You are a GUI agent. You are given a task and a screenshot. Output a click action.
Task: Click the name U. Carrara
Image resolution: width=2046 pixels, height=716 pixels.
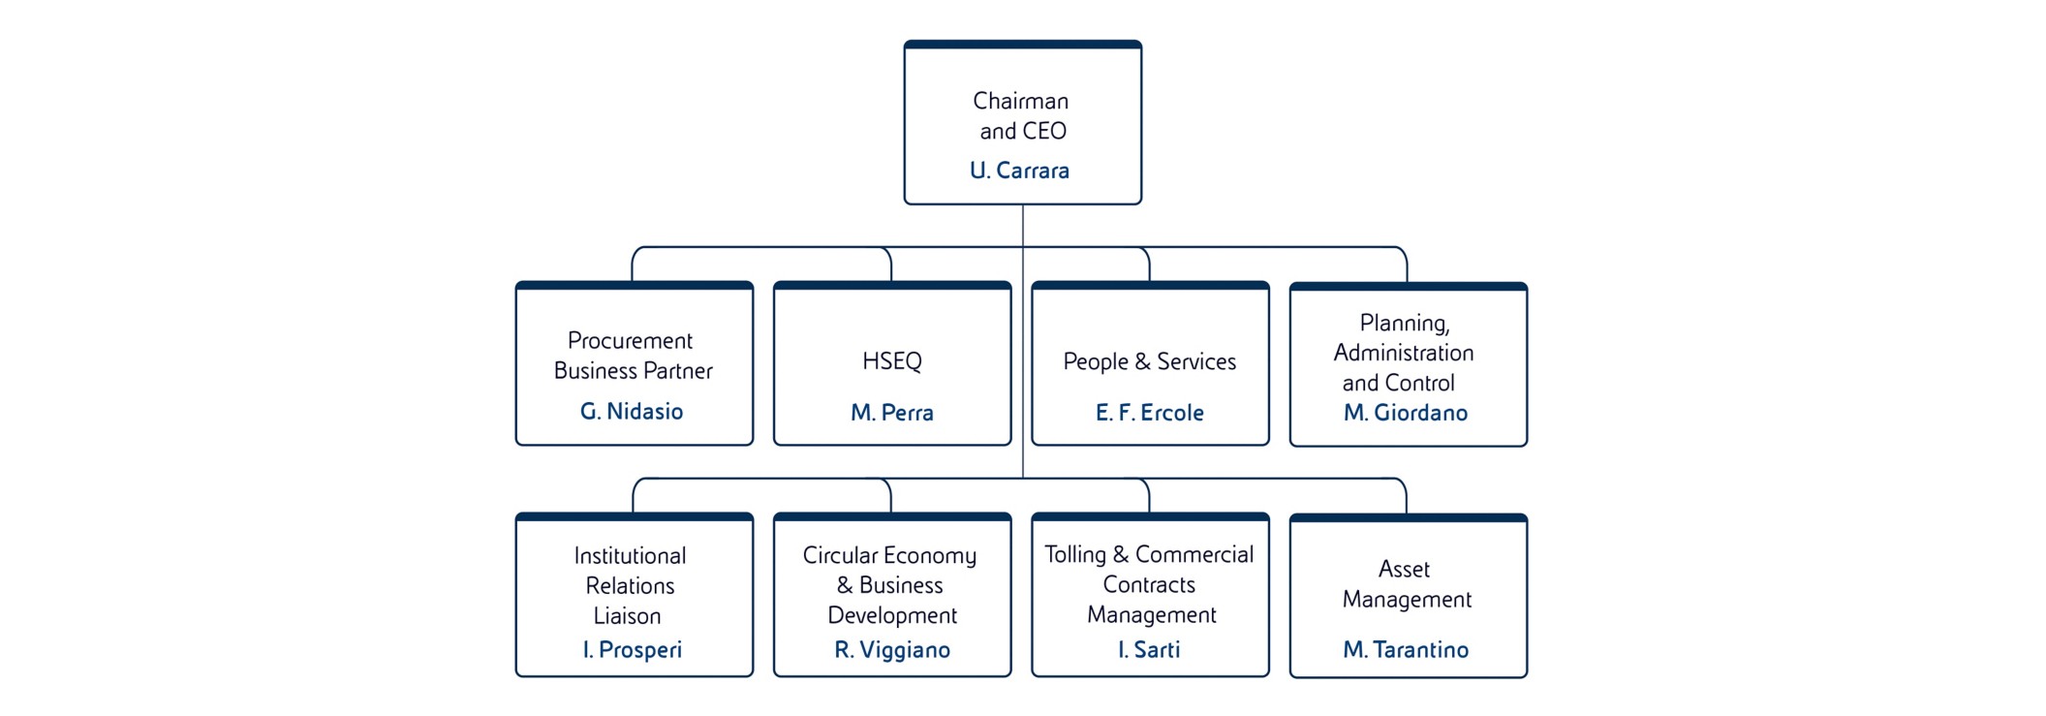click(x=1019, y=171)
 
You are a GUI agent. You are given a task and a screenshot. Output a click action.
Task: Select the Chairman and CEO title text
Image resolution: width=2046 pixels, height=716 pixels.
click(x=1021, y=115)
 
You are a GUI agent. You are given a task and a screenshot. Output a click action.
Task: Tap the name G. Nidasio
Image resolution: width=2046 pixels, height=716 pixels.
click(x=632, y=412)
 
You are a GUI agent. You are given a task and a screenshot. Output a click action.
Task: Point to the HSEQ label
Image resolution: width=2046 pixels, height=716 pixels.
click(x=892, y=361)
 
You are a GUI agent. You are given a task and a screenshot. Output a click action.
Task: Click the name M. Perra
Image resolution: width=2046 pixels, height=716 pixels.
click(x=892, y=413)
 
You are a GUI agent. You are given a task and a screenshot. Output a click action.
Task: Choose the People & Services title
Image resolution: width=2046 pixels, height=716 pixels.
click(x=1150, y=361)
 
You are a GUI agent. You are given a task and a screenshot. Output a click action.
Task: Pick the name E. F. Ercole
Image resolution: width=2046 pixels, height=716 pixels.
click(x=1150, y=413)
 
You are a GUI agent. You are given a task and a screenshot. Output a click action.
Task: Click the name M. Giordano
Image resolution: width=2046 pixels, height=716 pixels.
click(x=1406, y=413)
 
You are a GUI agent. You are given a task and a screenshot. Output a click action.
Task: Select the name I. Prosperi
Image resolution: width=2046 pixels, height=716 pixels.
click(x=633, y=650)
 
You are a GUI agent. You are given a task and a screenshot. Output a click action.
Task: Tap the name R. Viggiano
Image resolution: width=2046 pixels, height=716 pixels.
click(x=892, y=650)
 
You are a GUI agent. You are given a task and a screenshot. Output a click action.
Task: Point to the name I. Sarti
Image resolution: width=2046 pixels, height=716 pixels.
click(x=1149, y=650)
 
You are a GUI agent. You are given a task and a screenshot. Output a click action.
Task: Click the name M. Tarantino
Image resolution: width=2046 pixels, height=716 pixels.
click(x=1406, y=650)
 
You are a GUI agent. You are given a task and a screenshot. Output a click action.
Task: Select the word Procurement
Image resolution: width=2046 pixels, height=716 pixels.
click(x=630, y=341)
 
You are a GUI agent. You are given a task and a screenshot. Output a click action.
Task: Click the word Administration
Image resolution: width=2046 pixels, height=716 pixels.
click(x=1404, y=353)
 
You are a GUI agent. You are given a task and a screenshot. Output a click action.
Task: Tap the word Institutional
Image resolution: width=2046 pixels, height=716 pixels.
click(x=630, y=556)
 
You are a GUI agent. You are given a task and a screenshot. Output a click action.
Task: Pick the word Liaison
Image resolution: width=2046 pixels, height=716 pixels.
click(x=628, y=616)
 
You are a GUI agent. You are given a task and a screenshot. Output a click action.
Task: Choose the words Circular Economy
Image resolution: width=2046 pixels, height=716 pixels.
click(x=889, y=555)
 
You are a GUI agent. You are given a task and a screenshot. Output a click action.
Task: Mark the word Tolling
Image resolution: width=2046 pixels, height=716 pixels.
click(x=1075, y=554)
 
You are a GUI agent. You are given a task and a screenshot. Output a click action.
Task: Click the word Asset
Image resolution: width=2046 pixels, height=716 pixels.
click(x=1404, y=569)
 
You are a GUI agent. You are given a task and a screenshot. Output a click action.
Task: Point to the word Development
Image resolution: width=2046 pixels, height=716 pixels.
click(x=892, y=615)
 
